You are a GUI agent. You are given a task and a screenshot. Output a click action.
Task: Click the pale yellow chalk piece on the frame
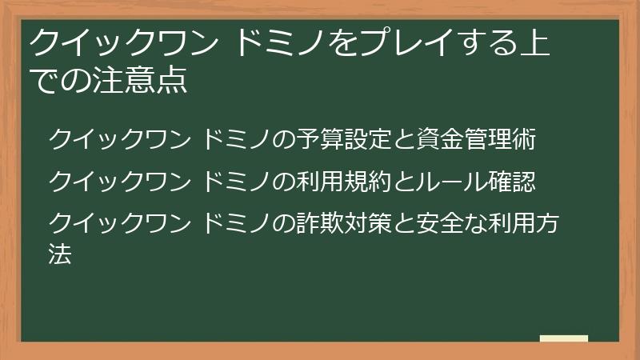(x=563, y=339)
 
